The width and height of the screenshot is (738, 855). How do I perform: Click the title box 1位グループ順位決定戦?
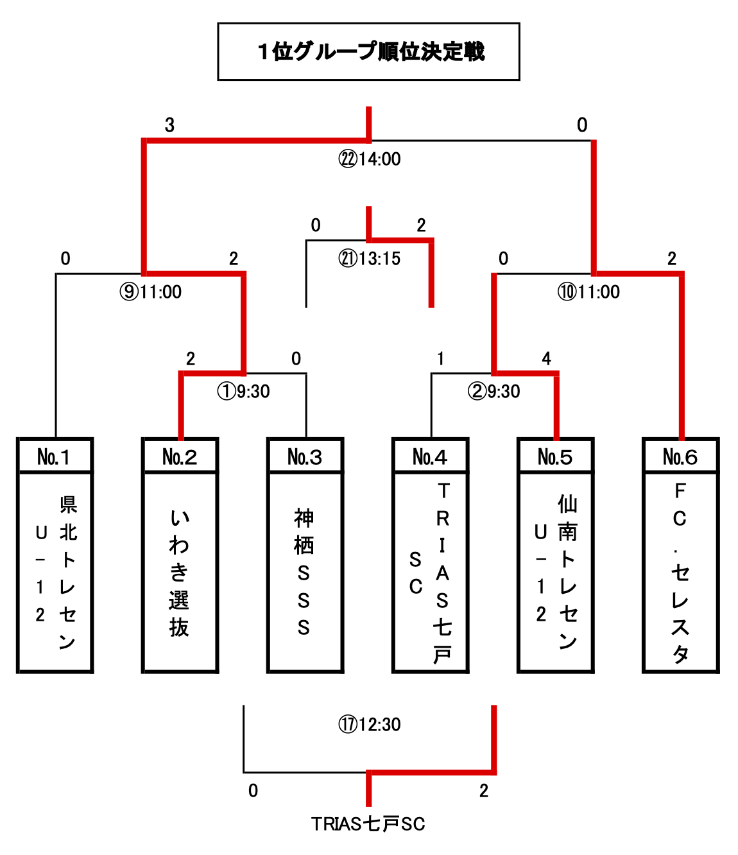[368, 51]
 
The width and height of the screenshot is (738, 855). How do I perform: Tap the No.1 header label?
[54, 457]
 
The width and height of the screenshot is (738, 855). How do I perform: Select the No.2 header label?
[180, 457]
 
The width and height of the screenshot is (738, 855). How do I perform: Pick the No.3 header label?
[305, 457]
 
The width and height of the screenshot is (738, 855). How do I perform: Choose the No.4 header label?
[430, 457]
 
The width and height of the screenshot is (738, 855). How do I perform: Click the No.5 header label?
[555, 457]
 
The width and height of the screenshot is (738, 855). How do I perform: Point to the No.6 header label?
[680, 457]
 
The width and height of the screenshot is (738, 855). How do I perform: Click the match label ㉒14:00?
[370, 159]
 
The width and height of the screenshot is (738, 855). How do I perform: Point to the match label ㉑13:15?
[370, 259]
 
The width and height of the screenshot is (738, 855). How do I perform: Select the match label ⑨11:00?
[151, 292]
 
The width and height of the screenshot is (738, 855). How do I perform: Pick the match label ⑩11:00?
[588, 292]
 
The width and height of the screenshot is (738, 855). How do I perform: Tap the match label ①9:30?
[244, 391]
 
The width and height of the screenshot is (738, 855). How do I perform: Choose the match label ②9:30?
[494, 391]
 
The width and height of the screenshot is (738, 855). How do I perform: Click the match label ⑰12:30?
[370, 725]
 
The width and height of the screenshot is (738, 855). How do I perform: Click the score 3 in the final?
[169, 125]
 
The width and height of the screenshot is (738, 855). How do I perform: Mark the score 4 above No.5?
[546, 358]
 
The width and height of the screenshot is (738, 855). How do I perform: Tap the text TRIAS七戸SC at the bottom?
[368, 824]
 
